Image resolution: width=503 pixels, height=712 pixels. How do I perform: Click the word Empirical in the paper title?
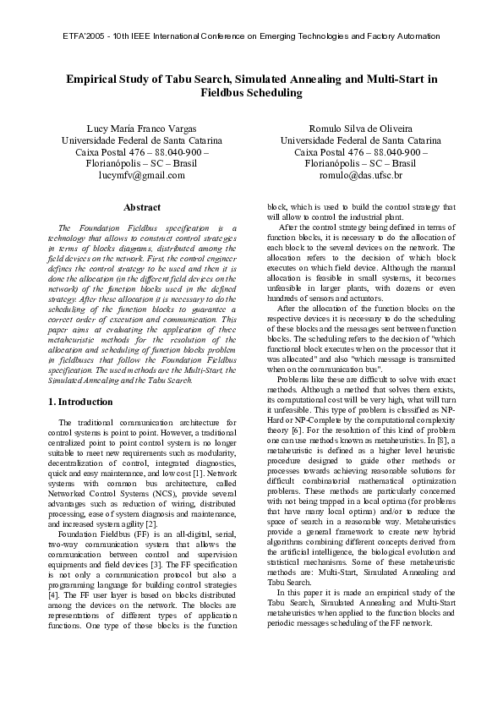[x=95, y=79]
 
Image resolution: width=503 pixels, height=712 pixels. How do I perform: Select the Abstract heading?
[x=141, y=207]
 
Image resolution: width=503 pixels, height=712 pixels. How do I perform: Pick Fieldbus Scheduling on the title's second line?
[x=251, y=94]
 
